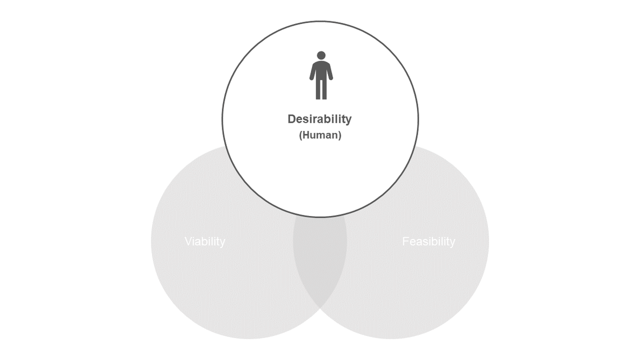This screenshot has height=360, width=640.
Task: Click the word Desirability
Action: coord(319,119)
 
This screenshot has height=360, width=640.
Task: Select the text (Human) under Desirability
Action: coord(321,135)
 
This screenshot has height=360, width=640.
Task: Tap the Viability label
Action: coord(205,242)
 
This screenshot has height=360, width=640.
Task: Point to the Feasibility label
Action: coord(429,242)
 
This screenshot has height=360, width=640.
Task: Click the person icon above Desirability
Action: coord(321,75)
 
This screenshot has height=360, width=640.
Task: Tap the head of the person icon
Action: coord(321,55)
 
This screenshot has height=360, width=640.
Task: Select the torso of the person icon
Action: coord(321,70)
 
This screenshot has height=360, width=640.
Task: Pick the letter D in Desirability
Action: coord(292,119)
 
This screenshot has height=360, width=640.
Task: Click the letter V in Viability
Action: coord(189,242)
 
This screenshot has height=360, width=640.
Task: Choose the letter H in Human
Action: coord(306,135)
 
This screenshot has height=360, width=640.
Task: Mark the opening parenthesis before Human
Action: coord(301,135)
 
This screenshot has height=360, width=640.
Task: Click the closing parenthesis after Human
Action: coord(340,135)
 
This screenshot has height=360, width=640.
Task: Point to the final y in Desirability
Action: coord(349,121)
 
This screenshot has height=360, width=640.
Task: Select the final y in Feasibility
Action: coord(453,244)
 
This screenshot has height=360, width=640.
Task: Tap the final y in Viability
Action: coord(222,244)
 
